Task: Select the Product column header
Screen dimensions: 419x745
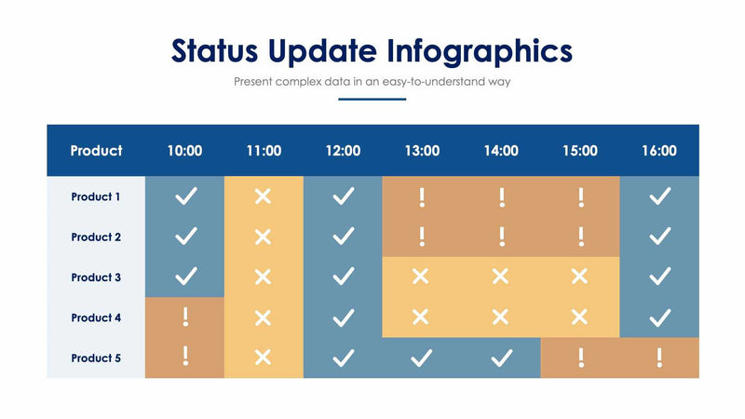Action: coord(96,151)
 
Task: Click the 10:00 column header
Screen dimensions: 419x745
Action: coord(184,151)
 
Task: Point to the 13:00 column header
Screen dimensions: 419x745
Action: coord(422,151)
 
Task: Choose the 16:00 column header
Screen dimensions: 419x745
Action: coord(659,151)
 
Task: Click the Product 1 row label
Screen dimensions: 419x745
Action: coord(96,196)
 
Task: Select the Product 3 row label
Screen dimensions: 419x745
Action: coord(96,277)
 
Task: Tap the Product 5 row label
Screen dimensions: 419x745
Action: coord(96,358)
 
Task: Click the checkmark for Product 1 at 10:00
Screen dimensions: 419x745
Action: coord(185,196)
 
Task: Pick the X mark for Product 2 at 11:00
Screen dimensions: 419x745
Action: coord(264,237)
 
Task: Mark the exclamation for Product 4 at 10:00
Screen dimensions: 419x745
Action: coord(185,317)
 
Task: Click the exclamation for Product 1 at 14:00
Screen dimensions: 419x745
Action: coord(501,196)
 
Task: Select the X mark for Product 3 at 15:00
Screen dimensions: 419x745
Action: coord(580,277)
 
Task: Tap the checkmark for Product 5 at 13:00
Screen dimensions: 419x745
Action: coord(422,357)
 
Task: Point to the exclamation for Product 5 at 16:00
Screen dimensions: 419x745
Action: coord(659,357)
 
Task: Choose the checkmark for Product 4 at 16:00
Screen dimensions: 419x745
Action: coord(659,318)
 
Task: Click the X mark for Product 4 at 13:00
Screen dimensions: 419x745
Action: coord(421,317)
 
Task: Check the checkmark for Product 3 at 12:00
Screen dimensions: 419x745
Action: coord(344,277)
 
